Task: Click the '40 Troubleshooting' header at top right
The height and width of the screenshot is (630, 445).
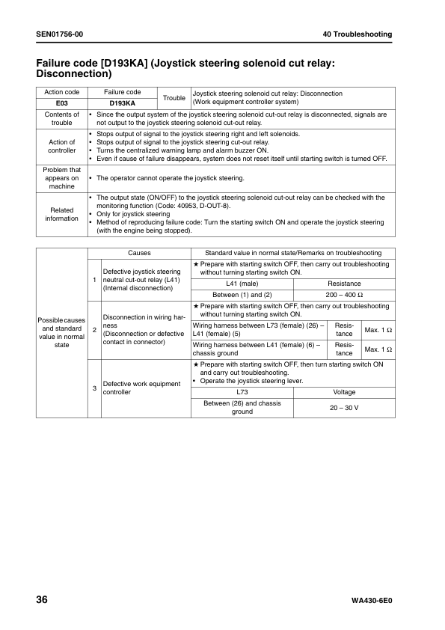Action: click(x=357, y=34)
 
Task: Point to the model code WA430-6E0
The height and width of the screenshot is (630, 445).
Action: click(x=371, y=602)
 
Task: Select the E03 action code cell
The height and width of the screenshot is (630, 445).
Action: click(x=62, y=103)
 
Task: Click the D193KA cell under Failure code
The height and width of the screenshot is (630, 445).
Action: click(x=122, y=103)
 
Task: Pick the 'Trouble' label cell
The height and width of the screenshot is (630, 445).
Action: click(x=174, y=98)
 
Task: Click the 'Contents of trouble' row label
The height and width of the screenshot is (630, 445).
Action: click(x=62, y=118)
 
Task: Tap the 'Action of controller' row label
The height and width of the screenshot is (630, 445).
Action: click(x=62, y=146)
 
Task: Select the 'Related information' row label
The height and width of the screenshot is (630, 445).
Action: click(x=62, y=214)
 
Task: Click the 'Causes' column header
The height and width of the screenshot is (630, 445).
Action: click(x=139, y=253)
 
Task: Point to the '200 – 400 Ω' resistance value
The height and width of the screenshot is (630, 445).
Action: click(x=344, y=295)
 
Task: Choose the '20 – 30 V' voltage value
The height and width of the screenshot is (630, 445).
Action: click(x=344, y=407)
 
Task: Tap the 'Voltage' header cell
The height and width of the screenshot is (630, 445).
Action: click(x=344, y=392)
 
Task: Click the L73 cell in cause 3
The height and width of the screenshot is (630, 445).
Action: click(x=242, y=392)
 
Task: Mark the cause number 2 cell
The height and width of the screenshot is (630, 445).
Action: click(x=94, y=329)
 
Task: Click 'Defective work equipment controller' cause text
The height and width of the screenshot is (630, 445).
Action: click(x=141, y=388)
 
